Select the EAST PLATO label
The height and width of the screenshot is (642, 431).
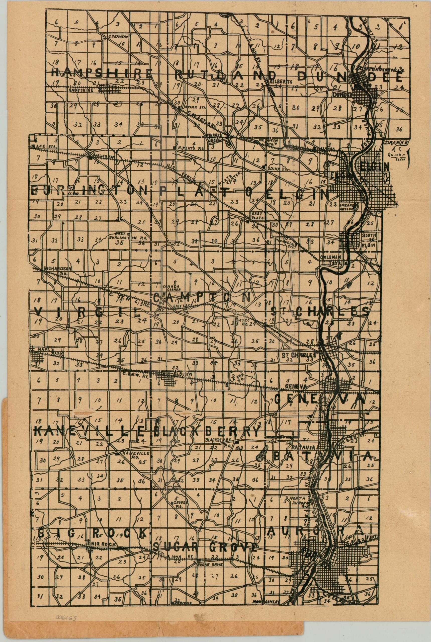(x=257, y=215)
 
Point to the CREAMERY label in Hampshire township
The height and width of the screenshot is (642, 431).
(x=118, y=36)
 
